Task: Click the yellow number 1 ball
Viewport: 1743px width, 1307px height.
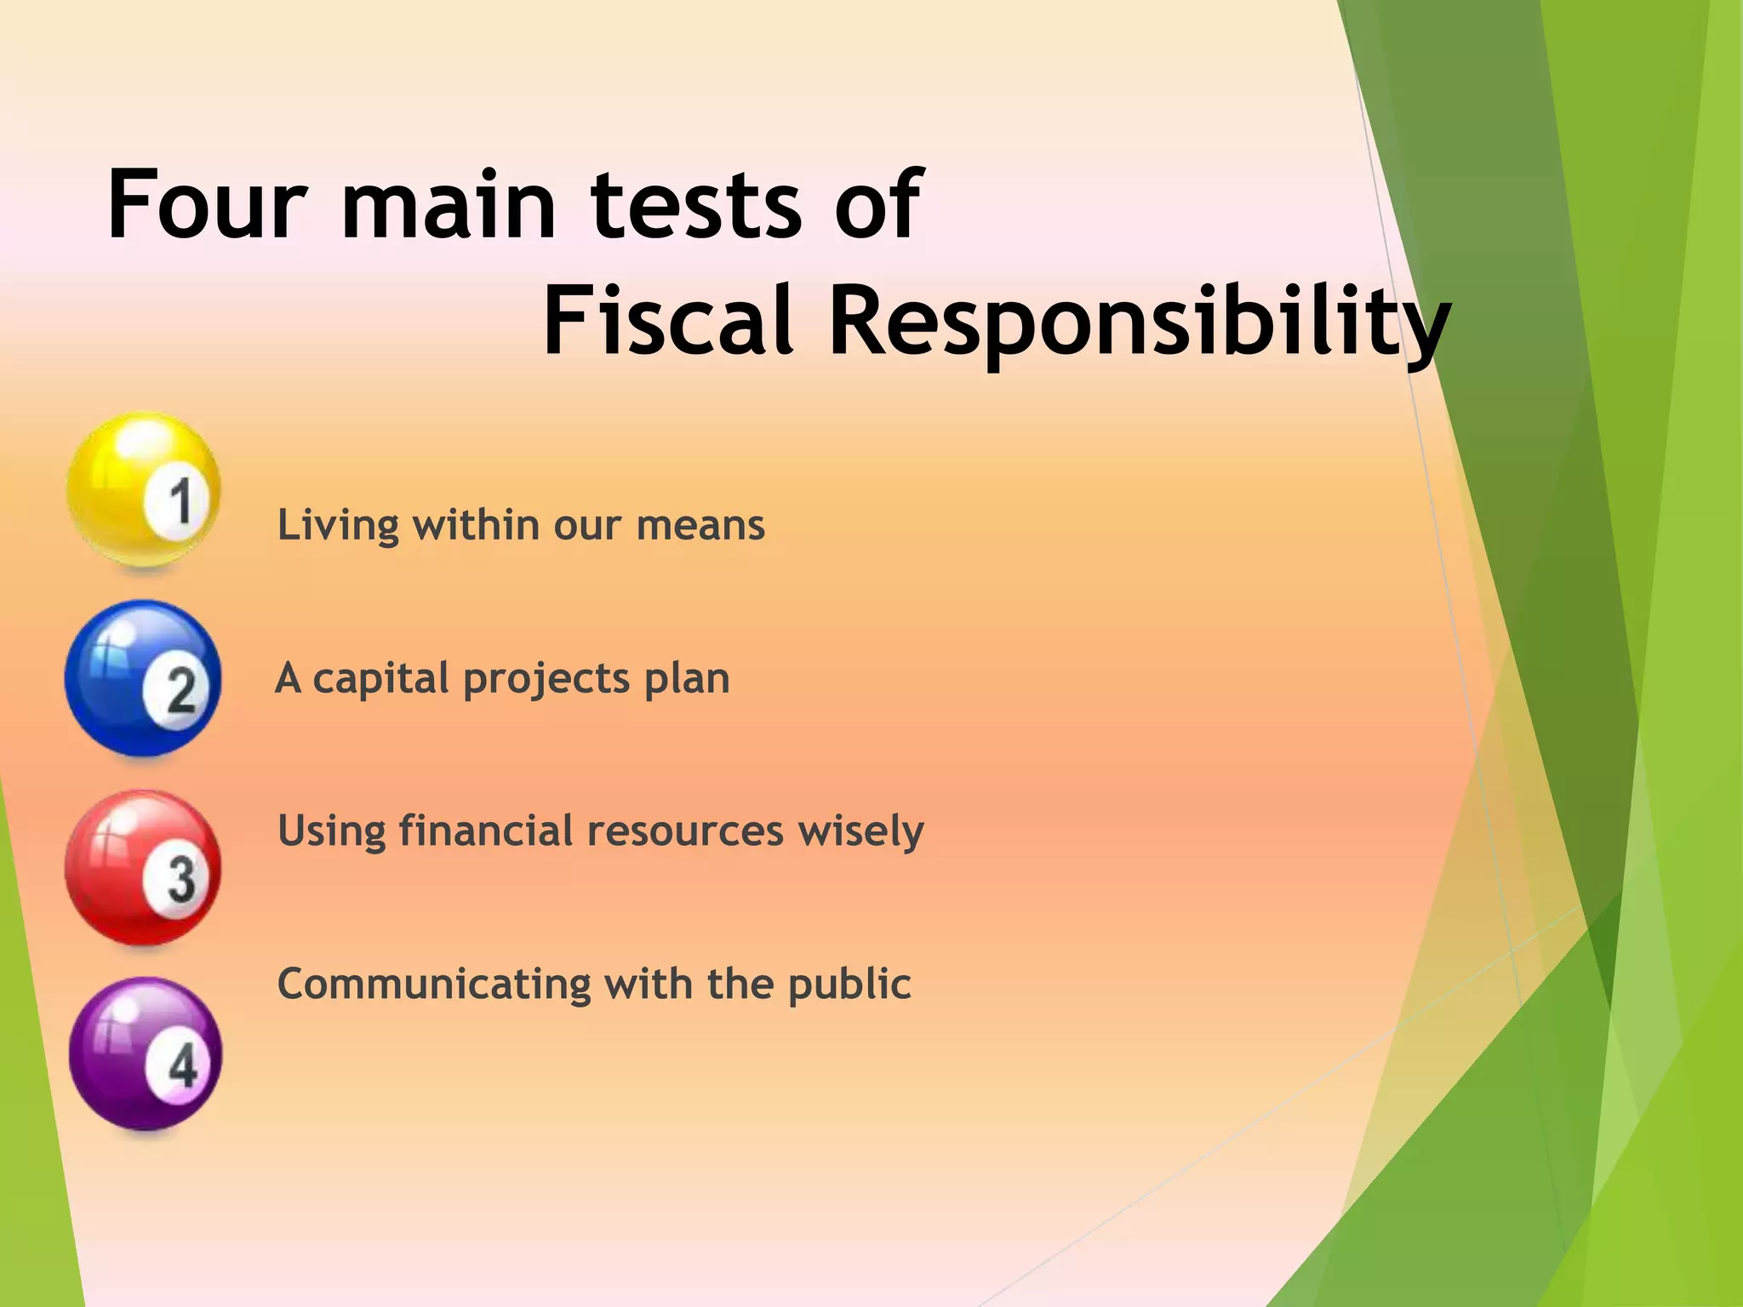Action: [144, 490]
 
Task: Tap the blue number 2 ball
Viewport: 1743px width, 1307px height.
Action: [143, 679]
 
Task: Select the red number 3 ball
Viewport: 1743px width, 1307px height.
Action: [143, 868]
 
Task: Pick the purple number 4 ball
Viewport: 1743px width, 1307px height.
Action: [146, 1055]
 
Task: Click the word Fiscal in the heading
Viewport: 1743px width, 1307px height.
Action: [669, 322]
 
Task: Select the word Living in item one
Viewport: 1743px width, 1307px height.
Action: [338, 526]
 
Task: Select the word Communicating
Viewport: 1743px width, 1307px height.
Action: [433, 985]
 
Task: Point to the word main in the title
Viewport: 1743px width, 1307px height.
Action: [448, 205]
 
